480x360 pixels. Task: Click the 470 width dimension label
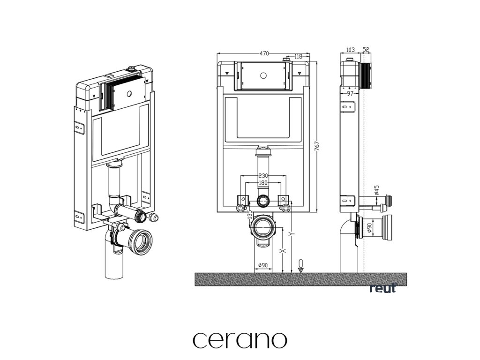[264, 53]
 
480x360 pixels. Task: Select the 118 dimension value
[298, 57]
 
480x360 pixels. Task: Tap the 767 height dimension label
[317, 147]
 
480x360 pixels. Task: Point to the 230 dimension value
[262, 176]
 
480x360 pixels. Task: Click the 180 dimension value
[262, 183]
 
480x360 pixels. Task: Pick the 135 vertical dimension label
[249, 216]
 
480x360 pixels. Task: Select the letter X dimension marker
[282, 251]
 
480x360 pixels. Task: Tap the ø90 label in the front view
[262, 266]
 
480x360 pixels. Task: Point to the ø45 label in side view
[377, 190]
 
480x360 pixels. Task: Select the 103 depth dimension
[350, 50]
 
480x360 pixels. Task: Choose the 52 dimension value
[366, 50]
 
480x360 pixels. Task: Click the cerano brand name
[240, 340]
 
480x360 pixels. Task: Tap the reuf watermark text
[382, 288]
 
